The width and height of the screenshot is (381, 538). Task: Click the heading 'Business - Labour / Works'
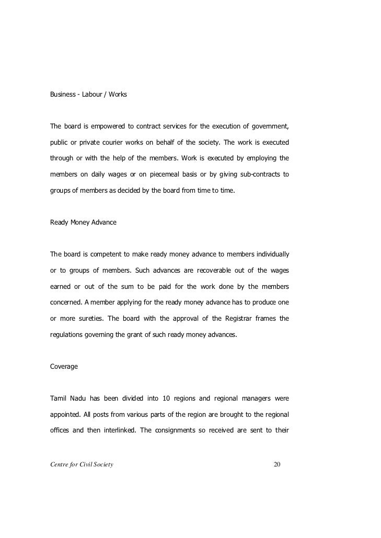point(88,95)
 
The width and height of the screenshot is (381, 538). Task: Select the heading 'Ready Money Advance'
point(83,222)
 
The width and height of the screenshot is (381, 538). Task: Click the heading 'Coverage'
point(64,367)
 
